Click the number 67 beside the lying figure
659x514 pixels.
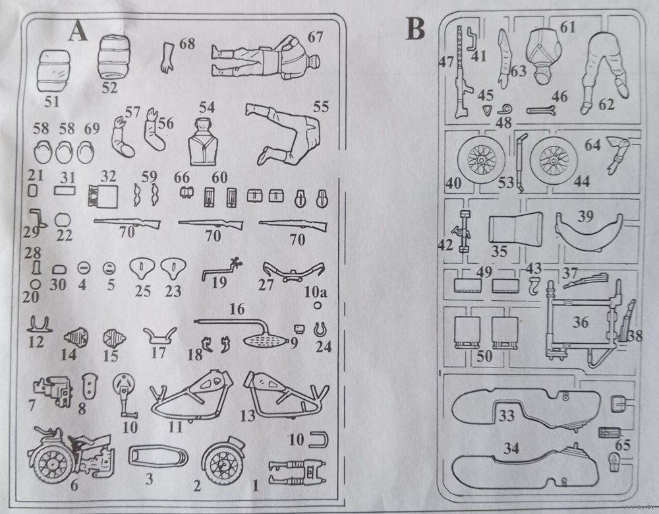coord(315,37)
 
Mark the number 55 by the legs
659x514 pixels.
coord(320,105)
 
